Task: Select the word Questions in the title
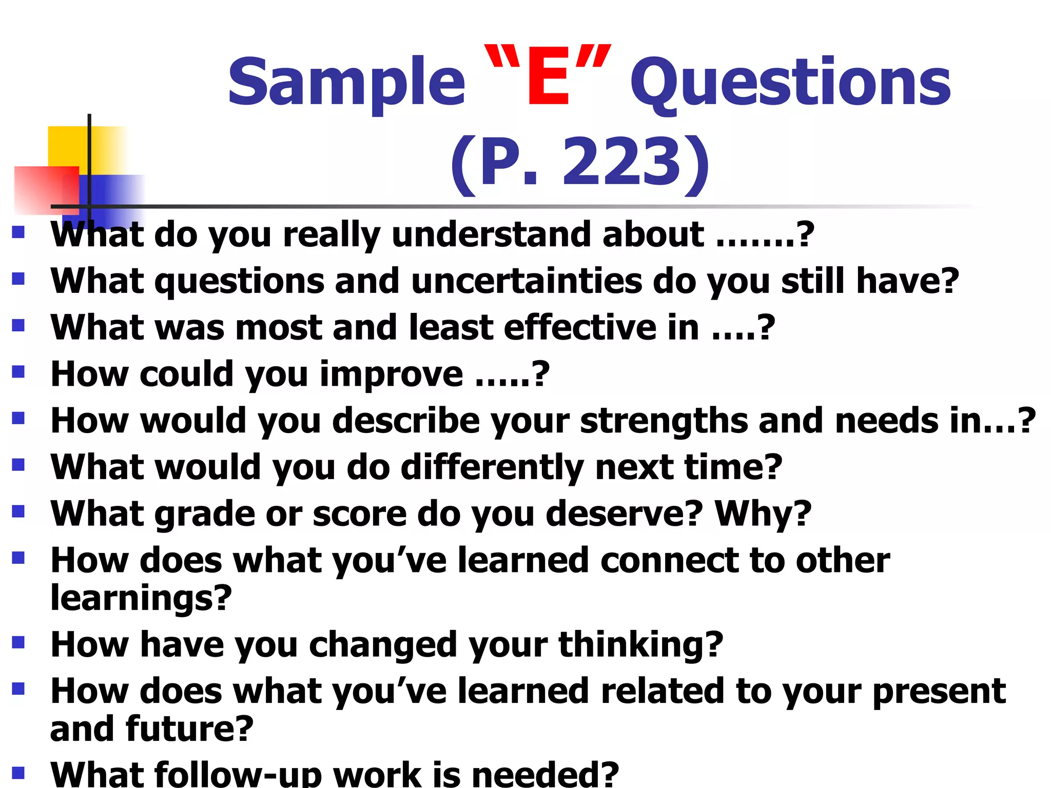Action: [x=790, y=83]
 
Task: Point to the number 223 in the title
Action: [x=621, y=163]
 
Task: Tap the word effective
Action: [x=580, y=328]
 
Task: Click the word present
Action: [x=939, y=691]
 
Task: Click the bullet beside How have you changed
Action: [x=18, y=642]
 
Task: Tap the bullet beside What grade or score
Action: [x=18, y=511]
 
